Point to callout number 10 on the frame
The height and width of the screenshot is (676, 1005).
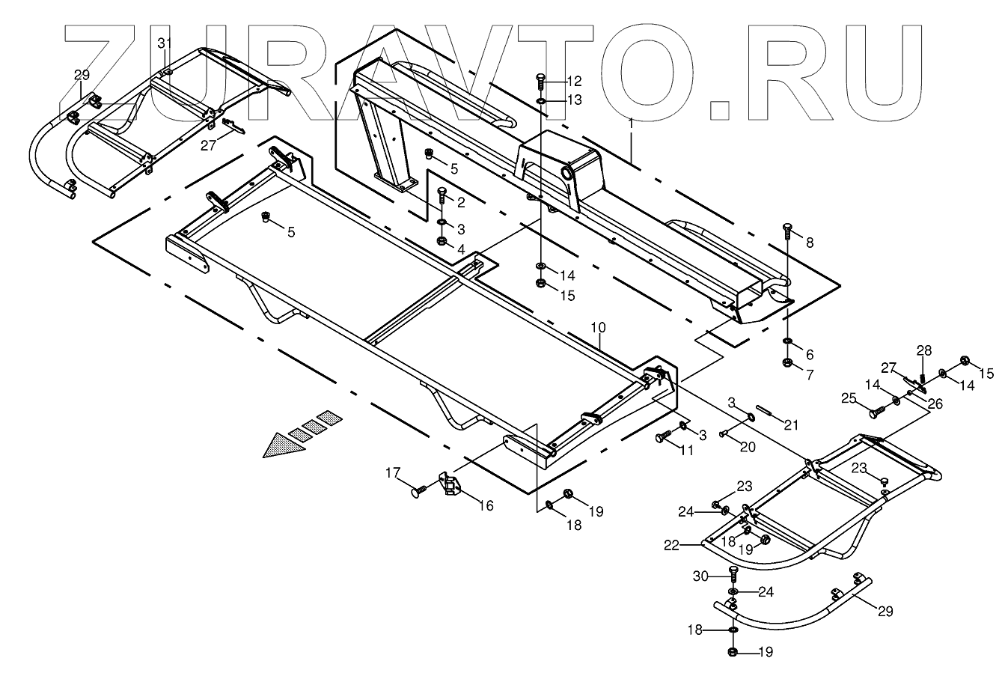coord(599,328)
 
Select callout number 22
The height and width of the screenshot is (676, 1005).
coord(670,545)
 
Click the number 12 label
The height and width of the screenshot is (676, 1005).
coord(573,81)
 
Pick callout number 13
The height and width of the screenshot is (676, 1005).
coord(573,100)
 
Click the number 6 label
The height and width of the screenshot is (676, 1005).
coord(809,354)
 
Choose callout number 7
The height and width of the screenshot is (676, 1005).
coord(809,372)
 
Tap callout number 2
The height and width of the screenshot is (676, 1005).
coord(461,202)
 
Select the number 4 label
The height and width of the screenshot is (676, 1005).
coord(461,248)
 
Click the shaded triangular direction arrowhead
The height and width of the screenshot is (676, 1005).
coord(285,445)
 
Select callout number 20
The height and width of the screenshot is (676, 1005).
coord(747,447)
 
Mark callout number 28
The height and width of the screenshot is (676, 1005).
coord(925,350)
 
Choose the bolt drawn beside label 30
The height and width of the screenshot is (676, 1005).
coord(733,575)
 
